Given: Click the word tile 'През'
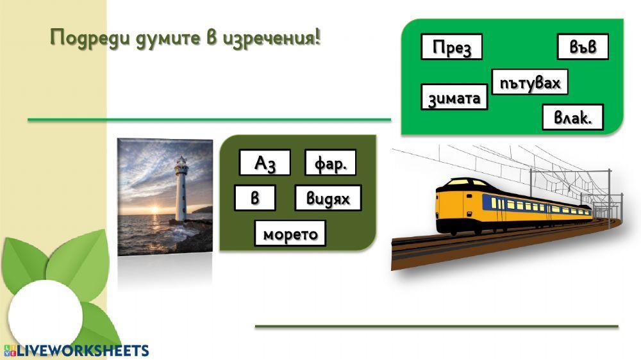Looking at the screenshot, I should coord(451,47).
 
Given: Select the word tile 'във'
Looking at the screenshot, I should coord(582,47).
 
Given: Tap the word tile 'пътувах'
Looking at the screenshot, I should coord(529,83).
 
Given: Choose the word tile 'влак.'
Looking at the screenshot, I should coord(572,118).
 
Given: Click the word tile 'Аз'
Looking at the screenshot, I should coord(264,163).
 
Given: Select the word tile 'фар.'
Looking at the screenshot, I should coord(330,163).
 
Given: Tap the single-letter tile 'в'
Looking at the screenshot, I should coord(254,199).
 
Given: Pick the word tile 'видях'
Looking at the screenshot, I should coord(328,199).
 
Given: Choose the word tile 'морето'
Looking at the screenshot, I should coord(290,234).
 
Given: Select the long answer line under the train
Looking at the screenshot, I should coord(436,326).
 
